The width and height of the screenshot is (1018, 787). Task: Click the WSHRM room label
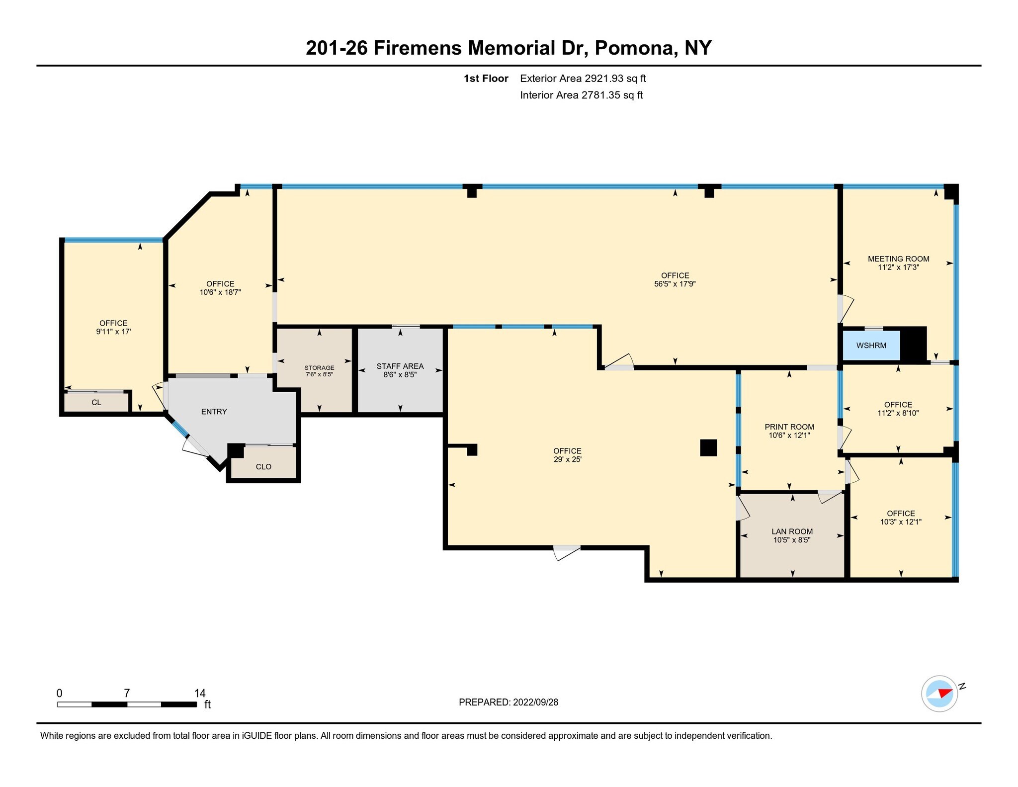pos(871,346)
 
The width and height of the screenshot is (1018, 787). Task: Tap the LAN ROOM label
pos(792,531)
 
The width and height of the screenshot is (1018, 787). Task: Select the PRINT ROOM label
pos(789,427)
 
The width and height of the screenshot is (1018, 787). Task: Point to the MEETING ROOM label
pos(898,259)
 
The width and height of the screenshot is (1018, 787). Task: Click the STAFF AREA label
pos(400,366)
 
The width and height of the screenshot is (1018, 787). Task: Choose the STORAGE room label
pos(319,368)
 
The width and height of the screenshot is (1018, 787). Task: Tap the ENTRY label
pos(214,412)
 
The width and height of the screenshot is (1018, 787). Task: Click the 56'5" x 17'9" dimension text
pos(675,284)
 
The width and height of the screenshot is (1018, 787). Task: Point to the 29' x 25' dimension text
pos(567,459)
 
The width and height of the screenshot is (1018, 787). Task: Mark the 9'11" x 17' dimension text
pos(113,332)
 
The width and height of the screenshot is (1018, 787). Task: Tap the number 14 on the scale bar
pos(200,693)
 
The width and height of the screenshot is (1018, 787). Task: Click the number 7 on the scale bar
pos(127,693)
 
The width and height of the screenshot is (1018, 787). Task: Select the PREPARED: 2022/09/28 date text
pos(509,702)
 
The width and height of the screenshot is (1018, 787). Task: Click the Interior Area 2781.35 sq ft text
pos(581,95)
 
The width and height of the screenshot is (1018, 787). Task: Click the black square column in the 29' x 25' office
pos(708,447)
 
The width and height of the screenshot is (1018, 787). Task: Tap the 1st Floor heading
pos(486,79)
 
